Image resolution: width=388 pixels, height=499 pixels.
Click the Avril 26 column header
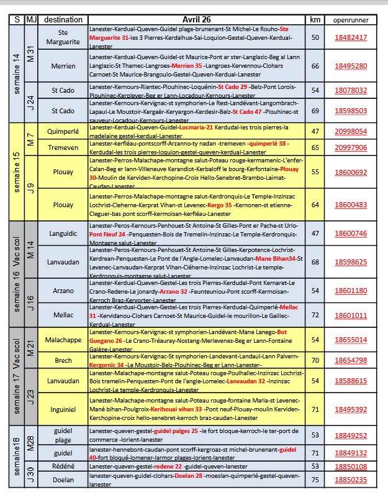coord(199,19)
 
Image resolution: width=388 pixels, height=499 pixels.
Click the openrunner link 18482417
coord(351,37)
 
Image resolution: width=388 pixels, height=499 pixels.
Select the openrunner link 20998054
coord(351,131)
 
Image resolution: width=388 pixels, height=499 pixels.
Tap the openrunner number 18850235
coord(351,480)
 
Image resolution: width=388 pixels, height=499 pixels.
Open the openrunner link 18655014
coord(351,340)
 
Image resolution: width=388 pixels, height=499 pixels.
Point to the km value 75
coord(315,480)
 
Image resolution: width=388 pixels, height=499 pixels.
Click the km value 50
coord(315,37)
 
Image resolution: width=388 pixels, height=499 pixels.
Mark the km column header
coord(315,19)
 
